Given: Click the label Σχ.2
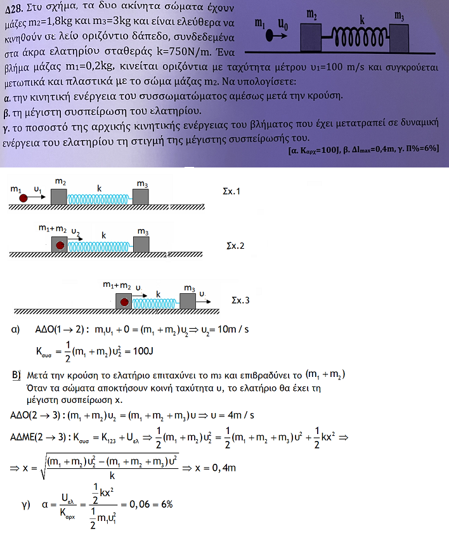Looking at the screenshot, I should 236,244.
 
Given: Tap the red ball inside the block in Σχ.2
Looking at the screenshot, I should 60,244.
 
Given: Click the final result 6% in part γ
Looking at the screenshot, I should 166,504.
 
